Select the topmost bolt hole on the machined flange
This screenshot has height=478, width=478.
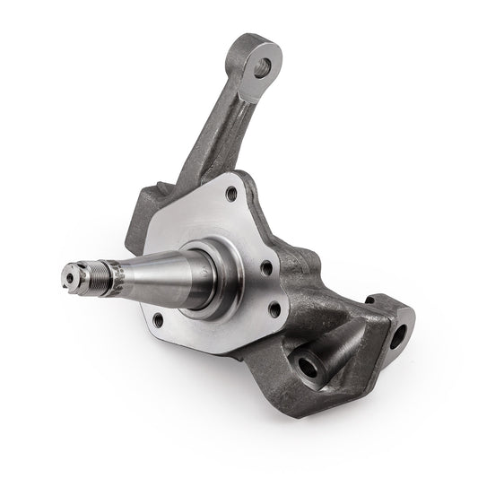pyautogui.click(x=231, y=192)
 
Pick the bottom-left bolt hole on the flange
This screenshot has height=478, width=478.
pyautogui.click(x=158, y=317)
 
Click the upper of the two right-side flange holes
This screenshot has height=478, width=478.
pyautogui.click(x=265, y=267)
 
